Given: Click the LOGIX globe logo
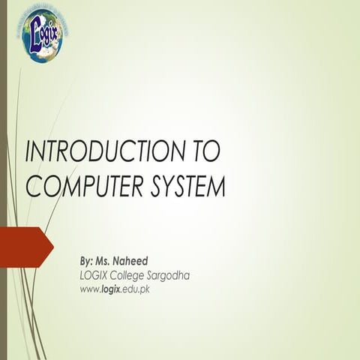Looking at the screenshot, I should pyautogui.click(x=42, y=34).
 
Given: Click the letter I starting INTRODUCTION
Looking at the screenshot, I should pyautogui.click(x=28, y=151).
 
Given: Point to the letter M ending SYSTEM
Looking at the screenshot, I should pyautogui.click(x=216, y=187).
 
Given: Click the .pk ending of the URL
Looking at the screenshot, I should pyautogui.click(x=145, y=289).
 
